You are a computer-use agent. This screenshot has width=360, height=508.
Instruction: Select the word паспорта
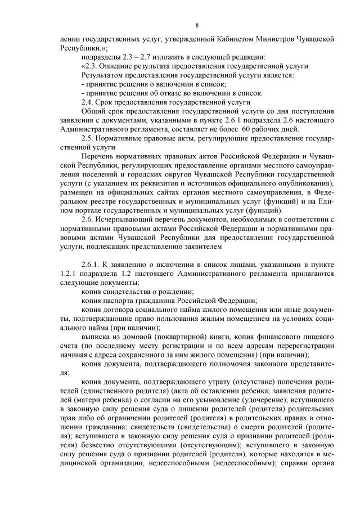[x=119, y=300]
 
